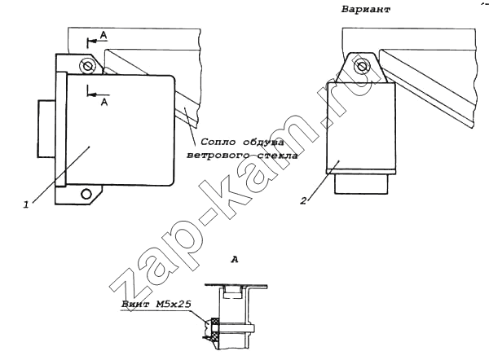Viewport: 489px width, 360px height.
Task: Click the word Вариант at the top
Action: tap(366, 9)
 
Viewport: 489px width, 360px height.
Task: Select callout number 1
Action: tap(26, 204)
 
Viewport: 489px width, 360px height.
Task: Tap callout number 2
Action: tap(304, 200)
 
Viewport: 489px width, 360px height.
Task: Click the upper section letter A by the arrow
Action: tap(104, 35)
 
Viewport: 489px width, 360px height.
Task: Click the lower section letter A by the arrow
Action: tap(104, 102)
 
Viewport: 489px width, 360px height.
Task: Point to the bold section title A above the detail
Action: tap(235, 259)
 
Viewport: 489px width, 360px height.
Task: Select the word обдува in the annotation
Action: tap(263, 143)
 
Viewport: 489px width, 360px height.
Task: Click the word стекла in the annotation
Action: tap(276, 155)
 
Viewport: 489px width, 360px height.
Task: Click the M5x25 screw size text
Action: tap(173, 304)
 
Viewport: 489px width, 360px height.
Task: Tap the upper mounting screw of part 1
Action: tap(86, 66)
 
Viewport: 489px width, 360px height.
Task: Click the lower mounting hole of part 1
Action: tap(86, 194)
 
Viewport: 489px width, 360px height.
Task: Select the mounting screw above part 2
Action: tap(362, 66)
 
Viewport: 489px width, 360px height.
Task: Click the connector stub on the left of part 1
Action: tap(46, 129)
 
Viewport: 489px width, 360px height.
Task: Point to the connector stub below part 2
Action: tap(361, 184)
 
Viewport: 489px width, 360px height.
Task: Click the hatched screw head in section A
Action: tap(214, 328)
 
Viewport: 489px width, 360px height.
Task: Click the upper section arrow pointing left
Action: tap(97, 40)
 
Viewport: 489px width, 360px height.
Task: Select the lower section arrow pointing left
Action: tap(98, 94)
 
